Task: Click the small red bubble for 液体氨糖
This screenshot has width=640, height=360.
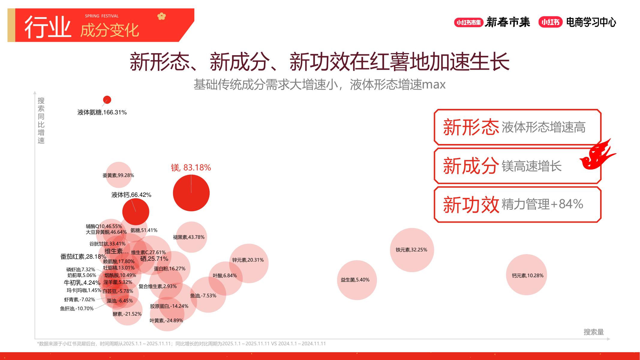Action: coord(107,100)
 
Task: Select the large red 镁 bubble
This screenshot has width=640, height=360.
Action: coord(191,193)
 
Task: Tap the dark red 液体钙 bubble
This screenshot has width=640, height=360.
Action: coord(136,212)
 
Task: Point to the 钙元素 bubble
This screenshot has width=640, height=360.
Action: coord(527,275)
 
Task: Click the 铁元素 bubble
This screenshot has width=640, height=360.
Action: coord(412,250)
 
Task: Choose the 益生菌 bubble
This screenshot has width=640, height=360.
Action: coord(357,280)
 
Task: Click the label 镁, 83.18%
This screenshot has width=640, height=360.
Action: coord(191,167)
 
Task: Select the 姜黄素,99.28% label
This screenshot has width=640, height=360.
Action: coord(118,175)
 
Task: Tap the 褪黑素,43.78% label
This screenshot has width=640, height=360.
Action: coord(189,237)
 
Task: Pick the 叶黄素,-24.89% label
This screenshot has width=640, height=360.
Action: coord(166,320)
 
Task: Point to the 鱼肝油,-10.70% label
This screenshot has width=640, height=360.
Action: coord(77,308)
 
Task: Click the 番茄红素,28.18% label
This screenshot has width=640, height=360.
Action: coord(83,256)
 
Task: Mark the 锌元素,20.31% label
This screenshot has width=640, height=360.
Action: coord(248,260)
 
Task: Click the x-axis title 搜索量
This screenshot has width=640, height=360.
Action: coord(594,332)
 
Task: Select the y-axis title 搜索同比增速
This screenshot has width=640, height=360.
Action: coord(41,121)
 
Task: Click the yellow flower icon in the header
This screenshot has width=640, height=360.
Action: coord(161,16)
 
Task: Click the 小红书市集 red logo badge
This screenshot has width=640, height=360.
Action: coord(468,22)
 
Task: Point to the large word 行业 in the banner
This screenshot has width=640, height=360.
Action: coord(48,27)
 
